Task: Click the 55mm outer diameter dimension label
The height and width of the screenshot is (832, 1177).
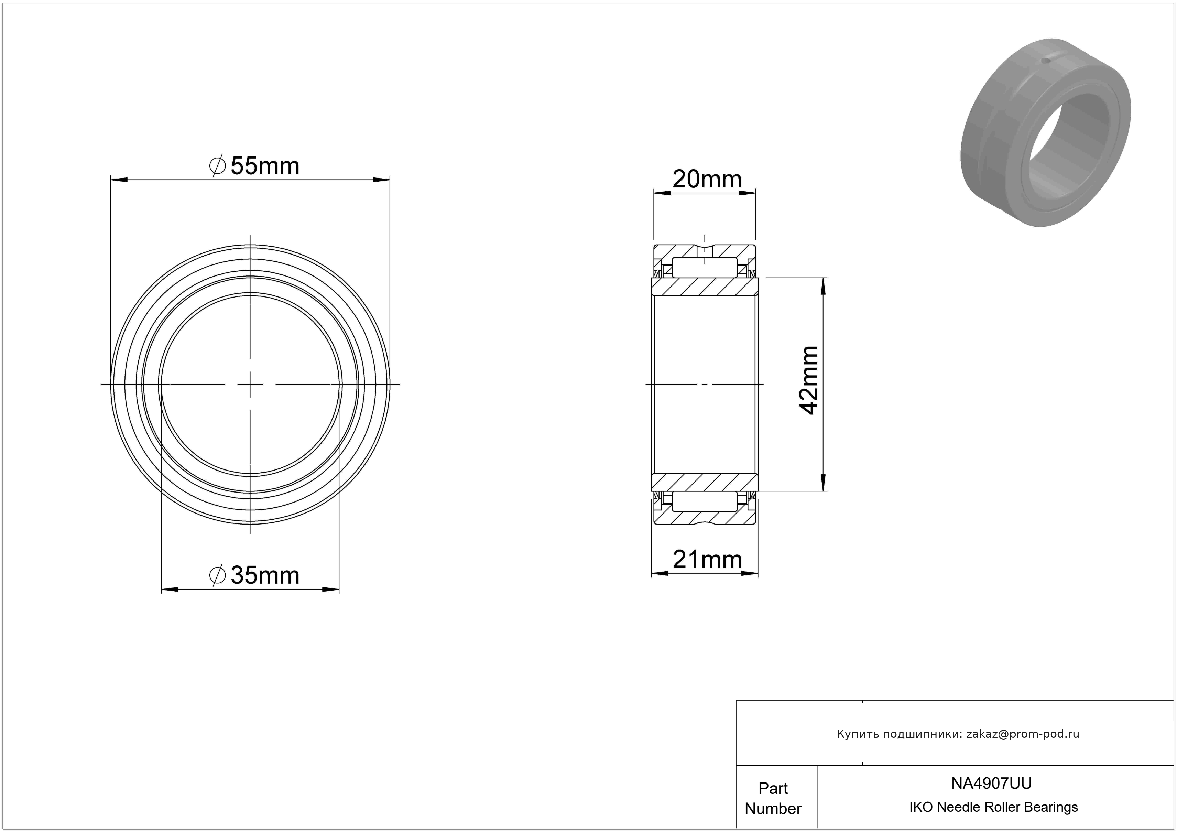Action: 254,166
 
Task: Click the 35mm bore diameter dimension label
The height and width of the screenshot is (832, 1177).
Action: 254,575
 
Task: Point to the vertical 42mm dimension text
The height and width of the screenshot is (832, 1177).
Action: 809,380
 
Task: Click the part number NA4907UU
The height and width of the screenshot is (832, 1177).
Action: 991,783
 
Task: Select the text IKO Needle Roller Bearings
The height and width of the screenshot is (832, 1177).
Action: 993,807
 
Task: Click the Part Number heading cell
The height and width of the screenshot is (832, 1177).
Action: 773,798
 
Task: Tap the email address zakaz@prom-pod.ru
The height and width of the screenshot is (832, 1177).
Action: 1023,734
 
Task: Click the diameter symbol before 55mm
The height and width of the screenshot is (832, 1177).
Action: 218,166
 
